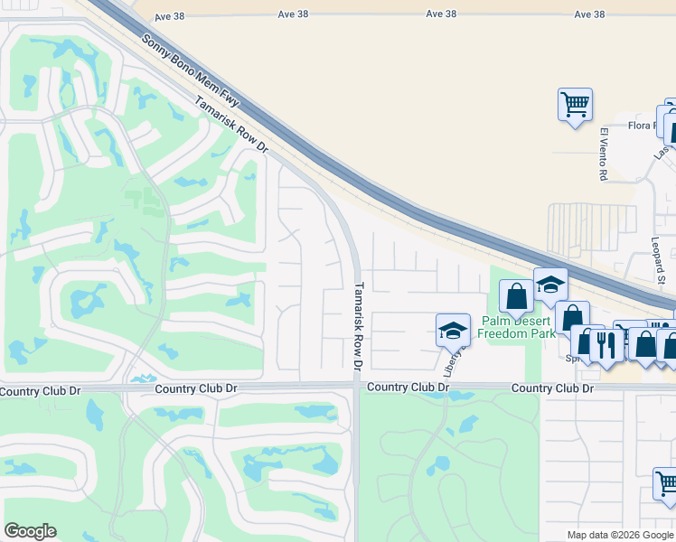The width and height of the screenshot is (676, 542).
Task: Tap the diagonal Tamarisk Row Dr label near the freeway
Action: (x=232, y=126)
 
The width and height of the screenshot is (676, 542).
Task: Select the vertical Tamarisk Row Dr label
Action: (x=358, y=327)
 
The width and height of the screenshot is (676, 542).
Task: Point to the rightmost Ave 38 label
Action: (x=588, y=14)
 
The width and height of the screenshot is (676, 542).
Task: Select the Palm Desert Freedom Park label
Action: (x=517, y=326)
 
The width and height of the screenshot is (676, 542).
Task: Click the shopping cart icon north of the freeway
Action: (x=575, y=105)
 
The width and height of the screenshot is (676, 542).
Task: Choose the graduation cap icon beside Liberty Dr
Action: (x=453, y=331)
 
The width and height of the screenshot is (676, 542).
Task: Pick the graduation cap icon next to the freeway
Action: (x=549, y=285)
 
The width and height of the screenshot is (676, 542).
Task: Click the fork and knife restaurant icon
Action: (x=606, y=342)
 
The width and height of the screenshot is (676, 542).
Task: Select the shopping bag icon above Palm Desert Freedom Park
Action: (x=516, y=296)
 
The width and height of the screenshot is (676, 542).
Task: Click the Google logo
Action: (x=30, y=531)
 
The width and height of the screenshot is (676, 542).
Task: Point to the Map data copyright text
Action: (x=620, y=535)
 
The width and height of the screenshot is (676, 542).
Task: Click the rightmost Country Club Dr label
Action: (x=552, y=388)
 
